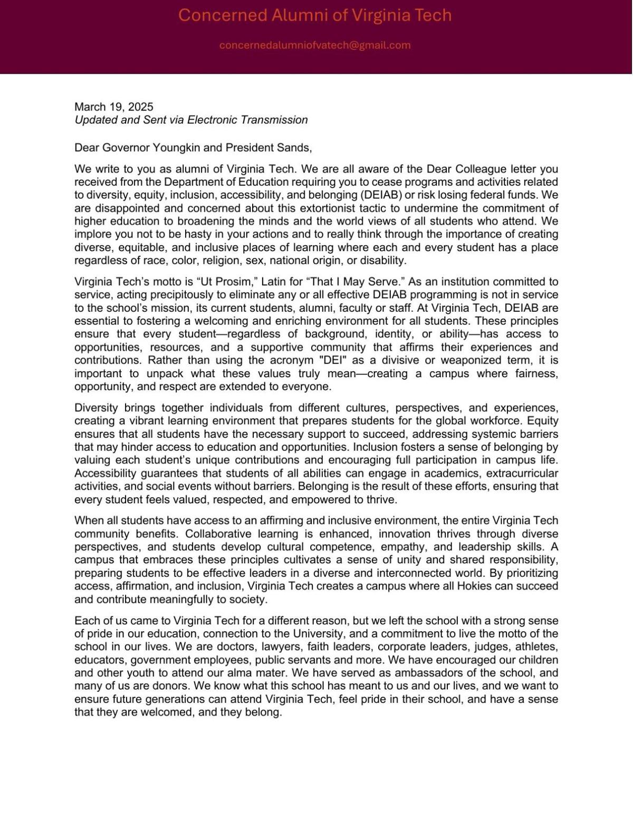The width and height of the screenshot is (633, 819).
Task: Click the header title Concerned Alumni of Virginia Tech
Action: coord(315,15)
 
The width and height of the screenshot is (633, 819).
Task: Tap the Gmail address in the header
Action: coord(315,45)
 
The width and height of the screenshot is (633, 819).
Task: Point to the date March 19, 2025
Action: coord(114,107)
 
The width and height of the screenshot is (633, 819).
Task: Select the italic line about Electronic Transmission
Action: coord(191,120)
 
